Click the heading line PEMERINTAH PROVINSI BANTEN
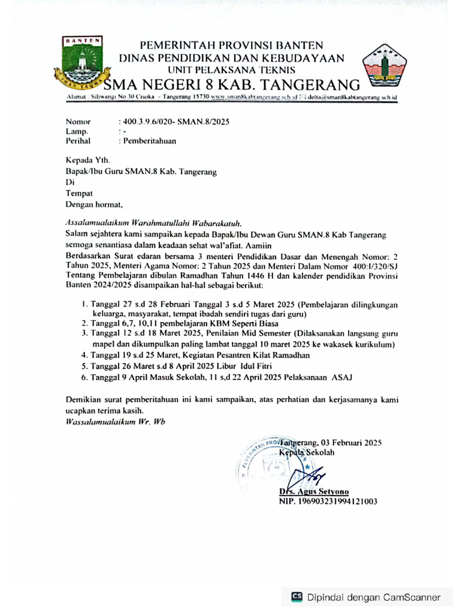tap(231, 45)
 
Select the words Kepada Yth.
tap(87, 160)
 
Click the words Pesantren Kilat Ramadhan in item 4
tap(259, 356)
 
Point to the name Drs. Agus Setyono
tap(319, 491)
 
